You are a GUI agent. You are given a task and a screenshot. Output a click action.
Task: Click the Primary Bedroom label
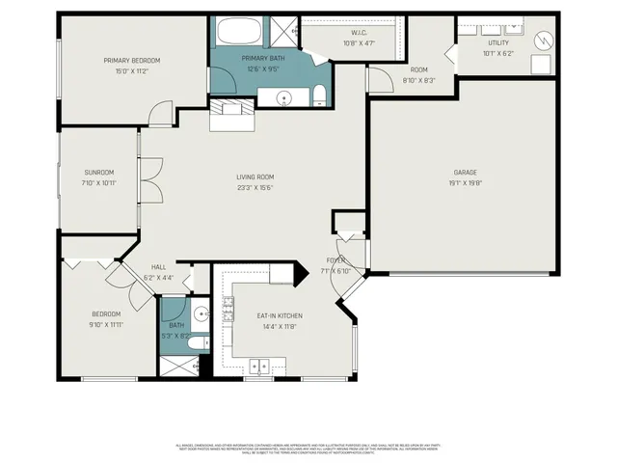point(132,61)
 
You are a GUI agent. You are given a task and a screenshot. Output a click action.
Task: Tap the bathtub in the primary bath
point(237,31)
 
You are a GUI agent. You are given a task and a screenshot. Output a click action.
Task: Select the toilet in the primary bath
point(318,95)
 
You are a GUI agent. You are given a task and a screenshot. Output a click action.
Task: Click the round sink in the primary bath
point(285,96)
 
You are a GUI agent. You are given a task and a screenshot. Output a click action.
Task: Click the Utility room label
point(497,42)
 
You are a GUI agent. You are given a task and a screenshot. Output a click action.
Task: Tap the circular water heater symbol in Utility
point(543,41)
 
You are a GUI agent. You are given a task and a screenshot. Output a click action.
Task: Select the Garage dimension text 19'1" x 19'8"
point(465,182)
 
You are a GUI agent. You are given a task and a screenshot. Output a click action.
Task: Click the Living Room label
point(255,177)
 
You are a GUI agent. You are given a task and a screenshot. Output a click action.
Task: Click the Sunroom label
point(98,173)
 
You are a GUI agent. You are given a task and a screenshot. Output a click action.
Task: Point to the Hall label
point(159,267)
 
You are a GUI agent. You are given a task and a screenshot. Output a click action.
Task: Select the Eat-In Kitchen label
point(280,315)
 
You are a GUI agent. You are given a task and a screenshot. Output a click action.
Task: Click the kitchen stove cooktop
point(229,308)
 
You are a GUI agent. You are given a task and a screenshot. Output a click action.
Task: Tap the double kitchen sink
point(259,366)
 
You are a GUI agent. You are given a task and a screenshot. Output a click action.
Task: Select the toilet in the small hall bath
point(196,343)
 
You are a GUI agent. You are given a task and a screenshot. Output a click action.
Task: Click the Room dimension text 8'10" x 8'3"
point(418,80)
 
